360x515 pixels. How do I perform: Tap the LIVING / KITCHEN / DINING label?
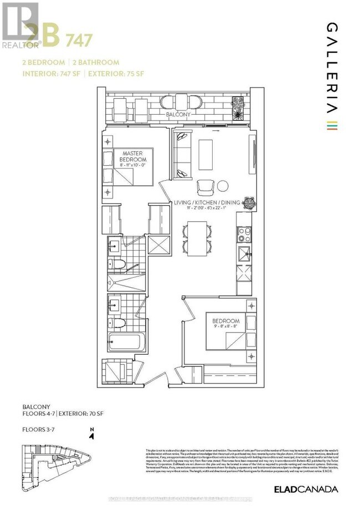[x=205, y=202]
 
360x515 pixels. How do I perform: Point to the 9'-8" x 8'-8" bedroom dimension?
[x=225, y=328]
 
